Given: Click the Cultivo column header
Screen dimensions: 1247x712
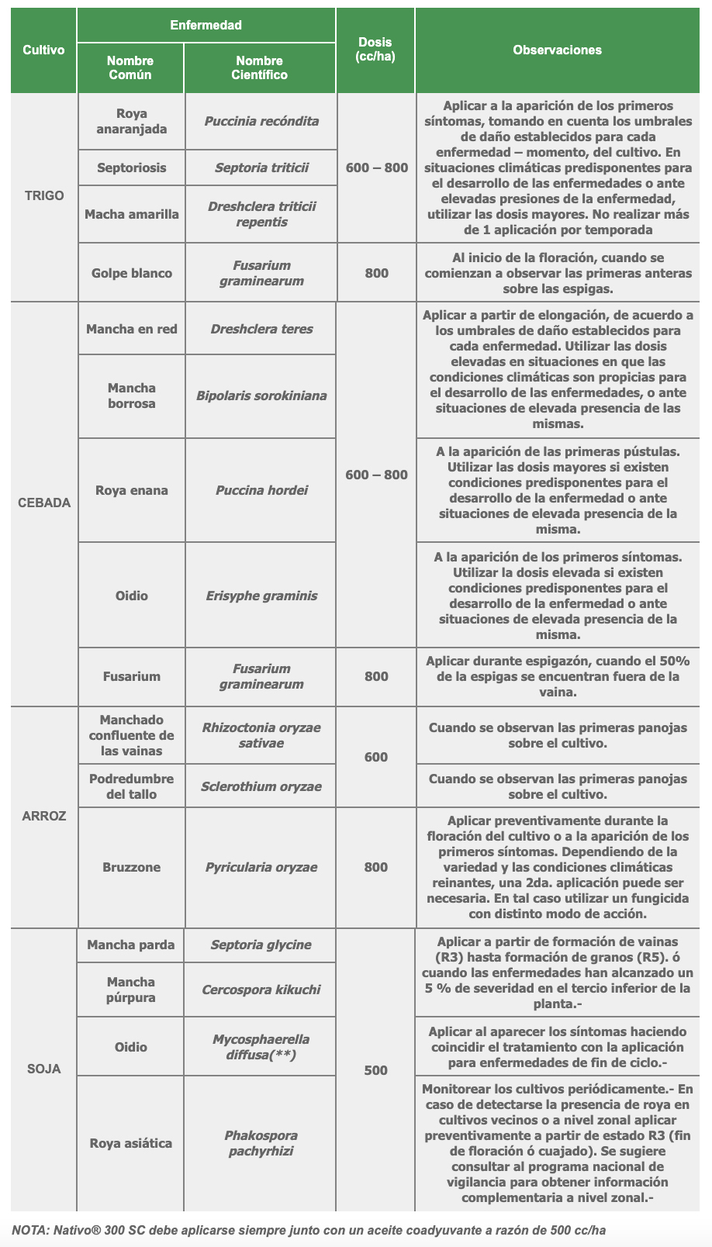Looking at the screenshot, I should click(43, 50).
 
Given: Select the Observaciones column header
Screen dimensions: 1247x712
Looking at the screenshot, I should click(557, 50).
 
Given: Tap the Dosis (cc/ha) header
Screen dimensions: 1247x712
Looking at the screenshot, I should click(375, 50).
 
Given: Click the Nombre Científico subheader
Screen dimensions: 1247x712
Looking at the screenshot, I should click(260, 67).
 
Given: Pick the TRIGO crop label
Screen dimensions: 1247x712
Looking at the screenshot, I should click(44, 195).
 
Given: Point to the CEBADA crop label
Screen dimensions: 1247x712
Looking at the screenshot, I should click(44, 503).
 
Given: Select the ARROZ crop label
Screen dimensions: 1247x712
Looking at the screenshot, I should click(44, 816).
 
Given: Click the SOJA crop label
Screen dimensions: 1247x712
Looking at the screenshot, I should click(44, 1069).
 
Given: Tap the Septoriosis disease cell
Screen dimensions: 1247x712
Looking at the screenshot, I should click(131, 168).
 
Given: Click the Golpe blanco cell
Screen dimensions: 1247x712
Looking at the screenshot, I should click(131, 273).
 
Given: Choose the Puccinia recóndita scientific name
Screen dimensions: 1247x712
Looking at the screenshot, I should click(261, 121).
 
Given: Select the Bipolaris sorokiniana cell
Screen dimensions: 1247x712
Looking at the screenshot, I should click(261, 396).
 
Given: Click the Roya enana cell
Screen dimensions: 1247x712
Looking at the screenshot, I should click(131, 490).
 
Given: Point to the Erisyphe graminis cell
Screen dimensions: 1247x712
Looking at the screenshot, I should click(261, 596).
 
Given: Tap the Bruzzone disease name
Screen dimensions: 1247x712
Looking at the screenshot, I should click(131, 867).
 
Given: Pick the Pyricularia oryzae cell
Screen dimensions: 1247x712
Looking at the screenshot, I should click(261, 867).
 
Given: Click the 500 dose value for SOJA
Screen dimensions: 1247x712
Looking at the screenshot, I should click(375, 1070).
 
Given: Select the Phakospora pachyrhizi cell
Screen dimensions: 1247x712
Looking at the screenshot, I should click(261, 1143).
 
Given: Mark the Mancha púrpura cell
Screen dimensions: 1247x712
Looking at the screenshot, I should click(131, 990).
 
